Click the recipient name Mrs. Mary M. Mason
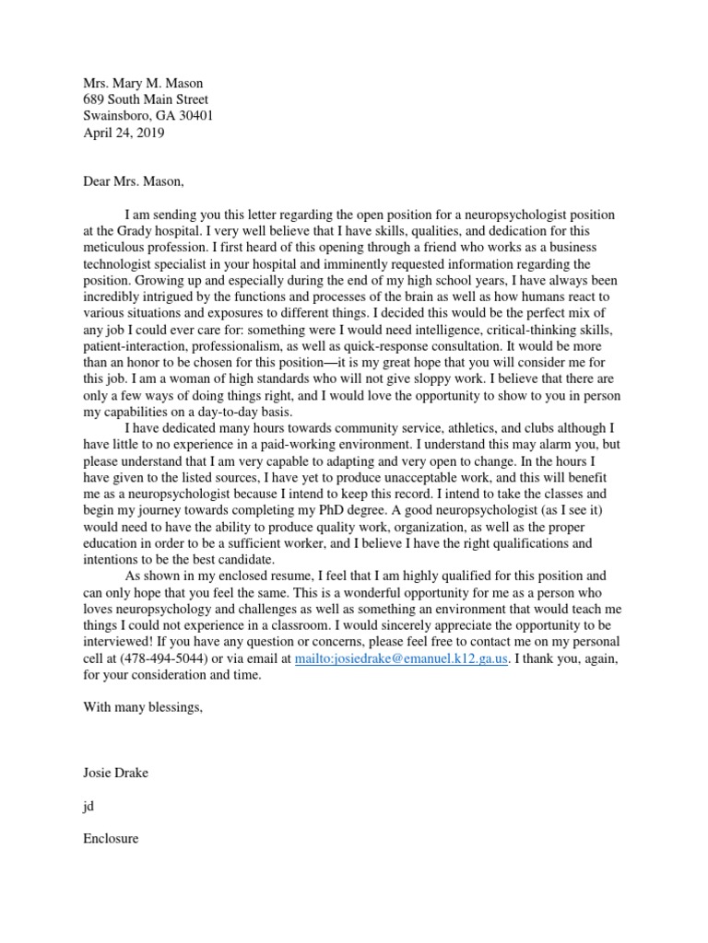point(143,83)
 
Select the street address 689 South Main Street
point(146,99)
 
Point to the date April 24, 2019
point(124,133)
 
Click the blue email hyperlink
point(402,659)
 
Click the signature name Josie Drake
point(115,773)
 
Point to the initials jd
point(88,806)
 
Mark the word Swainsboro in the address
point(115,116)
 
